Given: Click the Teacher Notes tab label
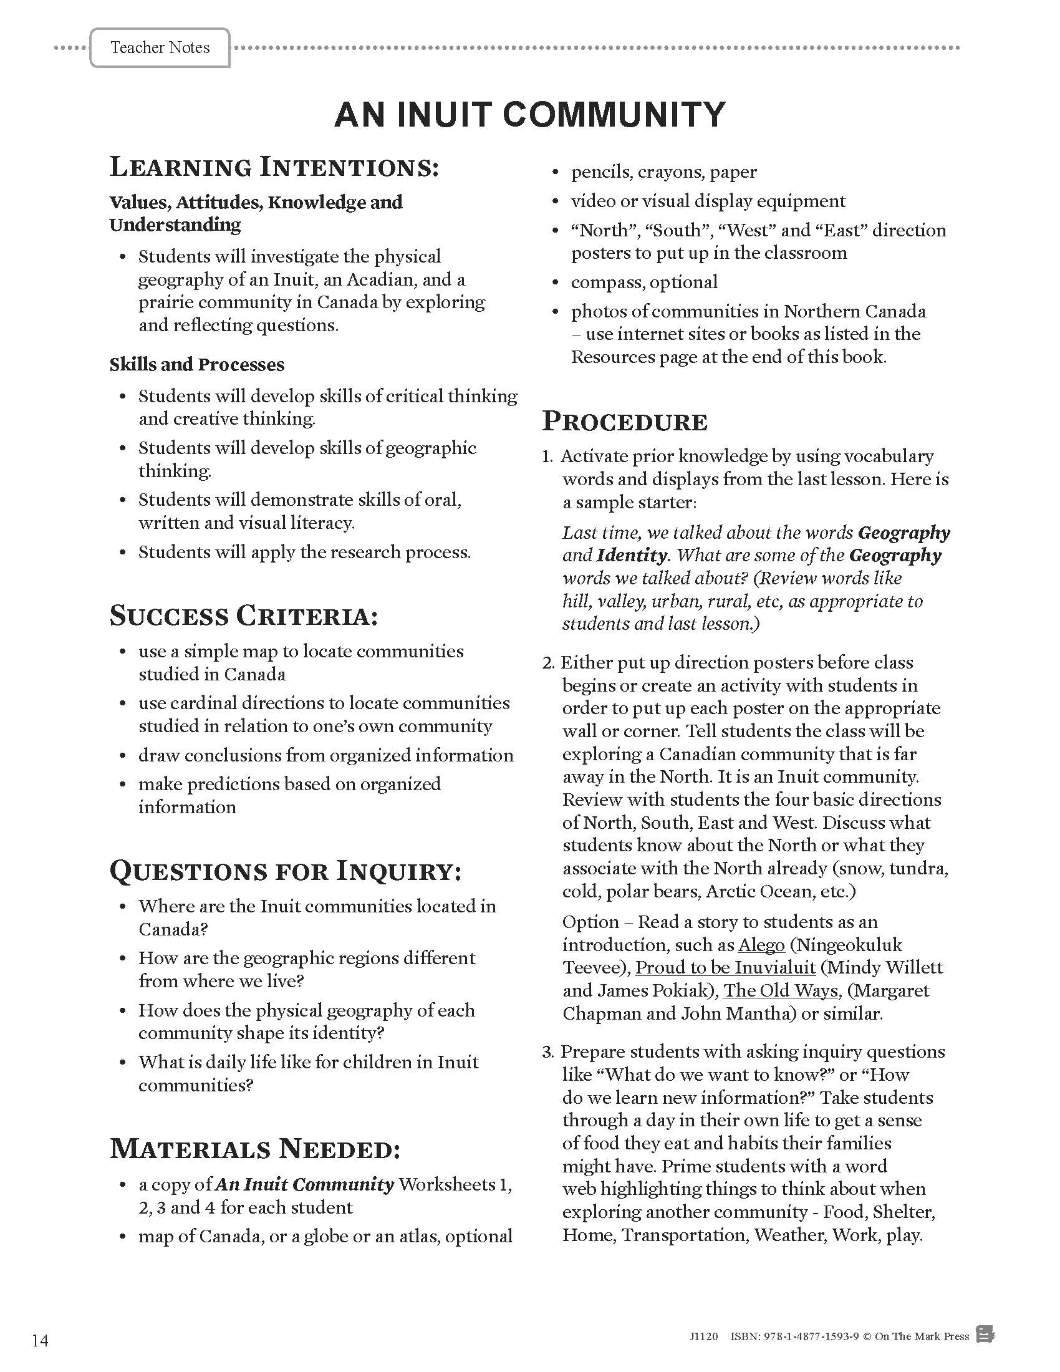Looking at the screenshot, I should pyautogui.click(x=160, y=48).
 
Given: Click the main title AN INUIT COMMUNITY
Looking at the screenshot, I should pyautogui.click(x=529, y=115).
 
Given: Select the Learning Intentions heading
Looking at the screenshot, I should pyautogui.click(x=274, y=167).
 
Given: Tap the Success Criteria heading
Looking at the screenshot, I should pyautogui.click(x=244, y=616).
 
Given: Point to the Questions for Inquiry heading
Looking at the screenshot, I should pyautogui.click(x=285, y=871).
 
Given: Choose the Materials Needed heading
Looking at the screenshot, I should pyautogui.click(x=255, y=1149).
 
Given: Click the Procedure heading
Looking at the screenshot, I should pyautogui.click(x=624, y=422).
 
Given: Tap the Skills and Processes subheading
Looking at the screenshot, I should pyautogui.click(x=196, y=364).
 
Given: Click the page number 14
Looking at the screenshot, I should pyautogui.click(x=39, y=1340).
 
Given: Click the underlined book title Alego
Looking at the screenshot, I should pyautogui.click(x=761, y=945).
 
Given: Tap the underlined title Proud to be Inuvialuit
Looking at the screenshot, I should pyautogui.click(x=725, y=967).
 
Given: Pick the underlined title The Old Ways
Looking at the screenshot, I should pyautogui.click(x=781, y=991).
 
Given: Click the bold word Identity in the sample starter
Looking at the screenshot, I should pyautogui.click(x=631, y=555).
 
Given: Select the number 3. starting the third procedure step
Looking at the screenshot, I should pyautogui.click(x=548, y=1052).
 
